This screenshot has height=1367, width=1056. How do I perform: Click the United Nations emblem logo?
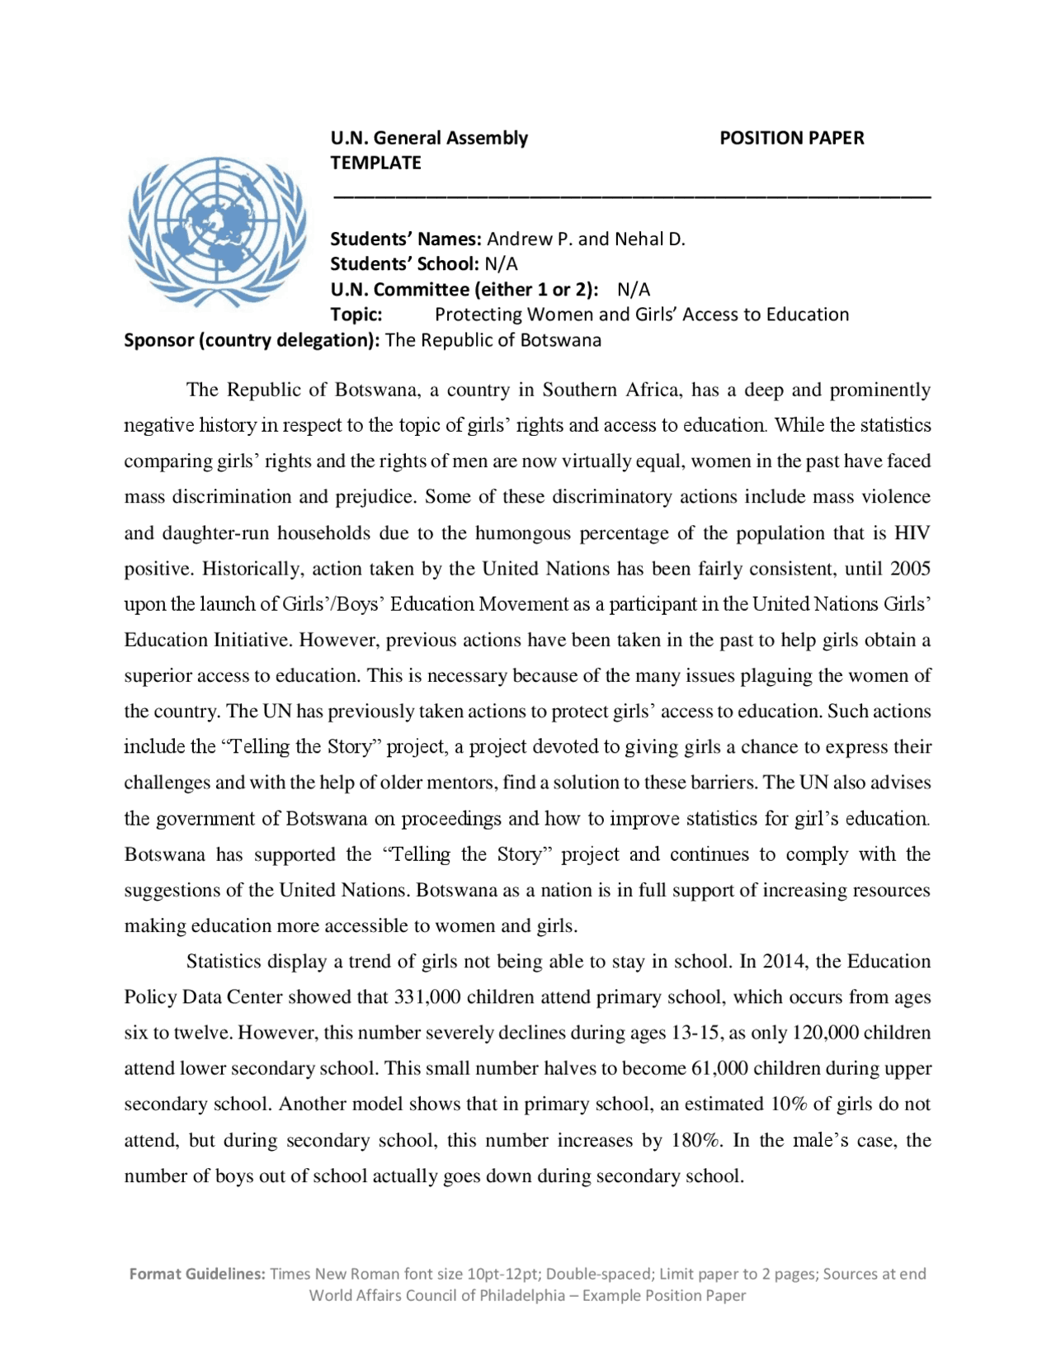tap(217, 232)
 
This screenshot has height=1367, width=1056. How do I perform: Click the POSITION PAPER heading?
tap(791, 138)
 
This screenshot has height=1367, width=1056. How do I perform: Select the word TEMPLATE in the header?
tap(375, 163)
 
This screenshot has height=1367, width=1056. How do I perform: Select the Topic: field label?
tap(356, 315)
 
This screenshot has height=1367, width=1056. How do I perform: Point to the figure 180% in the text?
tap(696, 1140)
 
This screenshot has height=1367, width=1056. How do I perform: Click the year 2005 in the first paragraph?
tap(910, 569)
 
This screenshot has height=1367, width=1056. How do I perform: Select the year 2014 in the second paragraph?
tap(785, 962)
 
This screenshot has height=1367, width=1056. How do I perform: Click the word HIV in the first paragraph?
tap(912, 533)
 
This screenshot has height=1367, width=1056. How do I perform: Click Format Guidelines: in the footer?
tap(196, 1274)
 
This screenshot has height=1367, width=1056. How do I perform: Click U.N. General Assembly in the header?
tap(429, 138)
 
